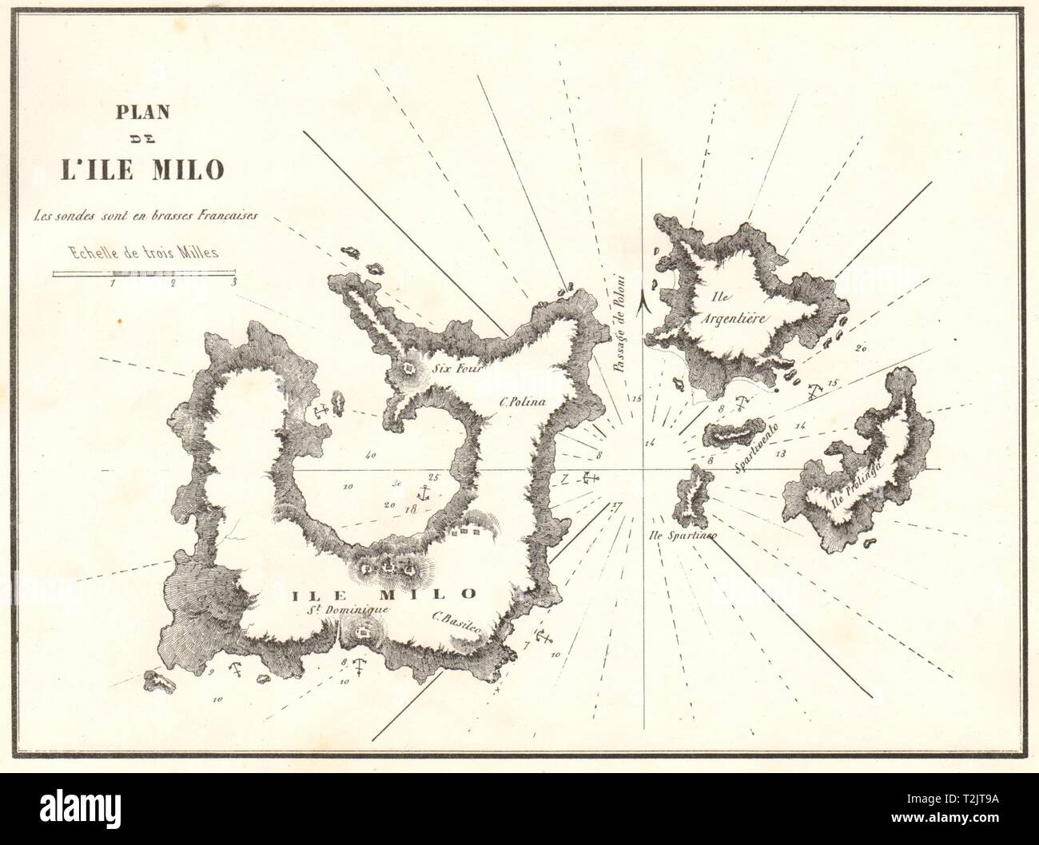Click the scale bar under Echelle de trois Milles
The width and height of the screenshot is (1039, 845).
pyautogui.click(x=144, y=273)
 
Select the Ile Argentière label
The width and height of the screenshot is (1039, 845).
pyautogui.click(x=737, y=307)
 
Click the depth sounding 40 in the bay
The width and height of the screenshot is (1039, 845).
pyautogui.click(x=368, y=457)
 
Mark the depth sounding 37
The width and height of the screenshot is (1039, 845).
pyautogui.click(x=614, y=505)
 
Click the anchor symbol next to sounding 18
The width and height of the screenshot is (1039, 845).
pyautogui.click(x=425, y=492)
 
